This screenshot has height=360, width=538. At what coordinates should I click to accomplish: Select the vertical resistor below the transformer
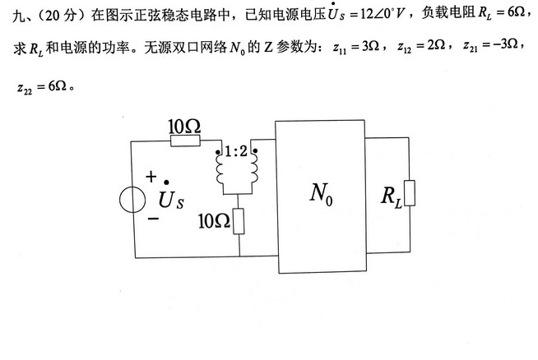[239, 220]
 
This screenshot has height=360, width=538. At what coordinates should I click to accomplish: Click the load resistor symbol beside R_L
[409, 194]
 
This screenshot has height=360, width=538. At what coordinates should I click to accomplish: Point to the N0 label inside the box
[322, 194]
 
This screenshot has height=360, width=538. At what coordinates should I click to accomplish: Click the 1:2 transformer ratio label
[237, 151]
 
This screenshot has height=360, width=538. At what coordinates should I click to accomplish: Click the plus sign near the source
[151, 177]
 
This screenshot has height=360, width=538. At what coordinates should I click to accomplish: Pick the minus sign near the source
[151, 219]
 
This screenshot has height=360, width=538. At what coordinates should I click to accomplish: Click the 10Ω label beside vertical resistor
[215, 221]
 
